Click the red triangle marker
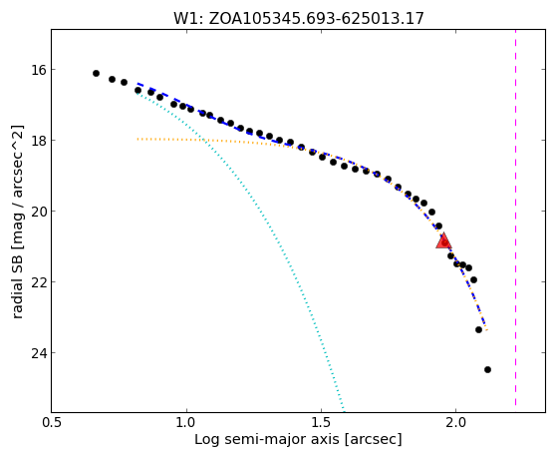point(443,240)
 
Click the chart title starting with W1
point(299,18)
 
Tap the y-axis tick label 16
point(39,70)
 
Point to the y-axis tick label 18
point(39,141)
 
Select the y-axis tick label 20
point(39,212)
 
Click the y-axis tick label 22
point(39,282)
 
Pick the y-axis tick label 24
point(39,353)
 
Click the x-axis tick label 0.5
point(52,423)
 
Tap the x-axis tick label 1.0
point(186,423)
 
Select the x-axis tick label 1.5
point(321,423)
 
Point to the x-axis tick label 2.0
point(455,423)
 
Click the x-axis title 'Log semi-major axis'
point(266,440)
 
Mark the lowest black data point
point(487,370)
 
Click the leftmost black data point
point(96,73)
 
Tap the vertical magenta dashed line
point(515,218)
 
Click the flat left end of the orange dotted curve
point(139,139)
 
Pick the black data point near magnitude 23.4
point(478,330)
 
